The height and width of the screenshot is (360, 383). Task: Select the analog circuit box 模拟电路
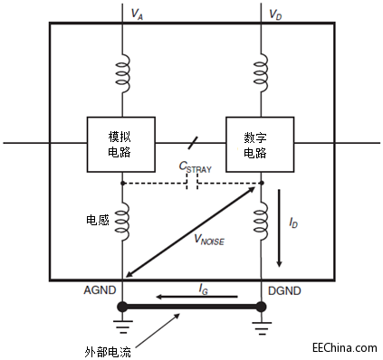click(120, 144)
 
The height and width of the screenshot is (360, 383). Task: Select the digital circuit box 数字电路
click(261, 144)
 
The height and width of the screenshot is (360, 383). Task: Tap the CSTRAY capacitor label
click(195, 166)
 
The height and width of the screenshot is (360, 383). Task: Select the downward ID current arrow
click(279, 226)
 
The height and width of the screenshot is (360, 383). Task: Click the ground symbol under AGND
click(121, 329)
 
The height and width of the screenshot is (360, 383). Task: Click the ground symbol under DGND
click(261, 329)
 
